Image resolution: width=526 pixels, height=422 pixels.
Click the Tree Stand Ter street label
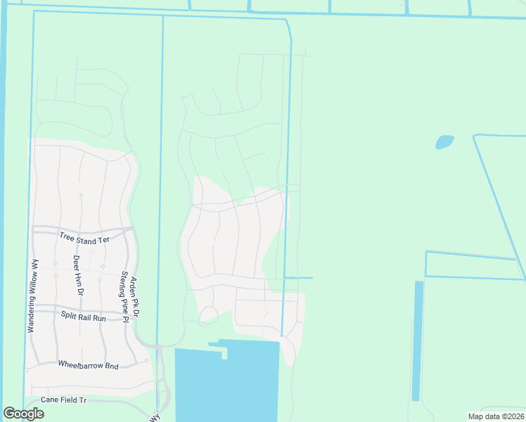[84, 239]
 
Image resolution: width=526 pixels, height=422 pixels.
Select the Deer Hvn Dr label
[77, 275]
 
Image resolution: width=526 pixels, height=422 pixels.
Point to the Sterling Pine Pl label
[124, 297]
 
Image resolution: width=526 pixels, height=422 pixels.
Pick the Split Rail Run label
[83, 317]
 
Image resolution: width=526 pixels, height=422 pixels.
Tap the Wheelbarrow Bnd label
[88, 366]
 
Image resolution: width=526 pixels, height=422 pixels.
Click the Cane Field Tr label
[63, 399]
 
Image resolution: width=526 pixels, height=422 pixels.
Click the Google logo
[23, 414]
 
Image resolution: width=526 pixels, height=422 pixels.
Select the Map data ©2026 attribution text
[495, 416]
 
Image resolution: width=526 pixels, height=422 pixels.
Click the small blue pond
[444, 142]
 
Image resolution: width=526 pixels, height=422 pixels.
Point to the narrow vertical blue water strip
[418, 341]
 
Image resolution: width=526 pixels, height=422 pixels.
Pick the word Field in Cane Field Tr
[65, 399]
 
